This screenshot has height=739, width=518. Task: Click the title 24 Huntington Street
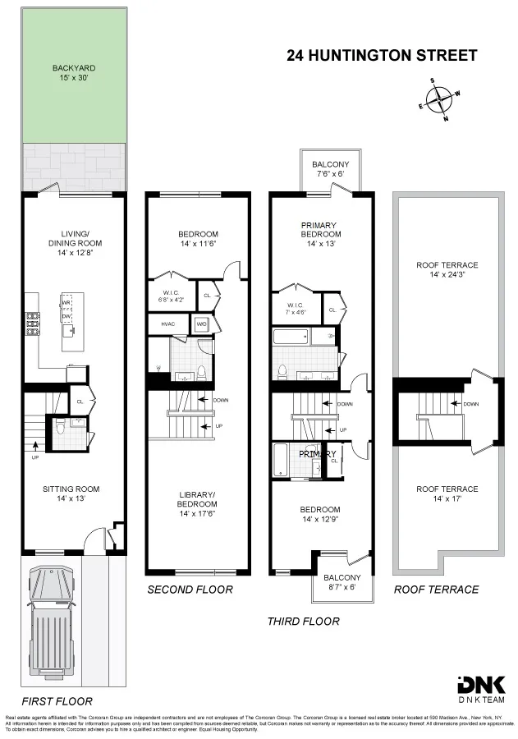pyautogui.click(x=381, y=56)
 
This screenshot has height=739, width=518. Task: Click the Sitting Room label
pyautogui.click(x=74, y=493)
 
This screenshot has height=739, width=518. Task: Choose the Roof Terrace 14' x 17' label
pyautogui.click(x=446, y=494)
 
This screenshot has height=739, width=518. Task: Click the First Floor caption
pyautogui.click(x=57, y=701)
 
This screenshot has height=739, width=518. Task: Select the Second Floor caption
pyautogui.click(x=190, y=590)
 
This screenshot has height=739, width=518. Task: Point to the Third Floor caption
pyautogui.click(x=303, y=622)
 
